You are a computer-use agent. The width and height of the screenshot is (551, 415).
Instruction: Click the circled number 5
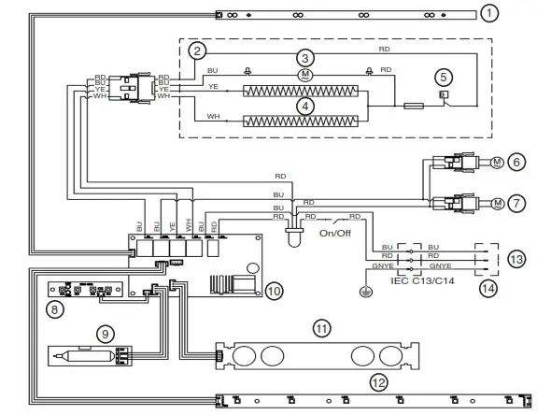pos(445,79)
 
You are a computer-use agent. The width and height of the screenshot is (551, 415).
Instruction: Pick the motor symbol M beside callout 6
pos(498,163)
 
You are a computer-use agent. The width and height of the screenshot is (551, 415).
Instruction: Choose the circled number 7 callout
pos(518,203)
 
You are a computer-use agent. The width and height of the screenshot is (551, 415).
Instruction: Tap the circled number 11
pos(321,328)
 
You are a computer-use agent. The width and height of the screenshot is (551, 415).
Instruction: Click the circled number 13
pos(517,258)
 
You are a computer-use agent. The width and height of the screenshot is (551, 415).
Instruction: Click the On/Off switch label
pos(335,234)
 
